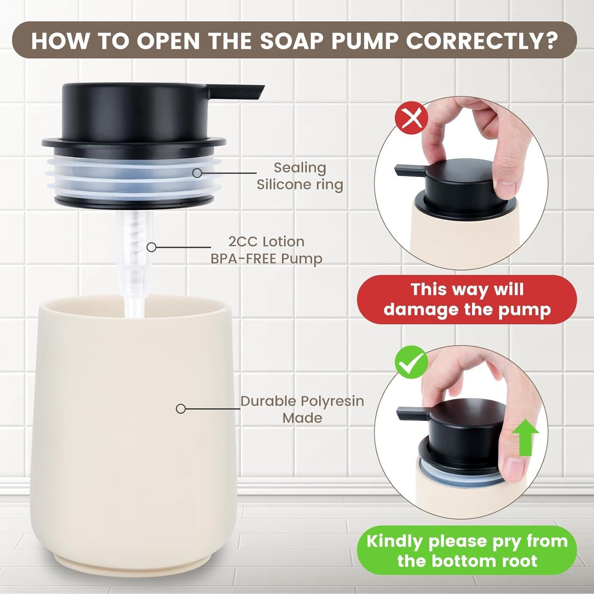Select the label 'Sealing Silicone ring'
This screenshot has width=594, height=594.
click(300, 176)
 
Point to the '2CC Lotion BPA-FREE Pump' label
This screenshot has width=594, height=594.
click(266, 250)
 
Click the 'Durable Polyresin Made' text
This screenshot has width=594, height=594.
click(302, 409)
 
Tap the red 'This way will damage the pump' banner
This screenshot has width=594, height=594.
click(467, 299)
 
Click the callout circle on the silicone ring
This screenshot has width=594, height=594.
click(197, 173)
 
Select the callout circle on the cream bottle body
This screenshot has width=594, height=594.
click(181, 409)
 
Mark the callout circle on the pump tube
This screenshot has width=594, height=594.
click(151, 247)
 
